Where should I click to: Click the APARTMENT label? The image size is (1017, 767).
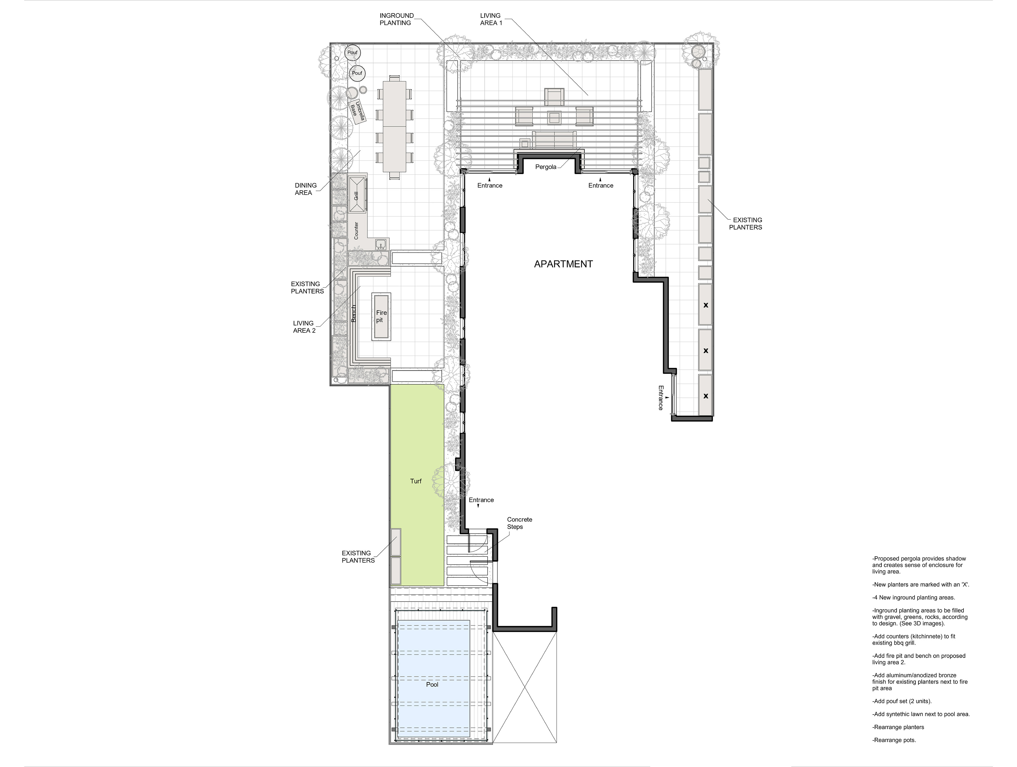pyautogui.click(x=563, y=264)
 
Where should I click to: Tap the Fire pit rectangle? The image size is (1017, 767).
pyautogui.click(x=381, y=316)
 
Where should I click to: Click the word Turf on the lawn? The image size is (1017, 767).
pyautogui.click(x=416, y=481)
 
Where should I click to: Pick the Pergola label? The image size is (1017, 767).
pyautogui.click(x=546, y=167)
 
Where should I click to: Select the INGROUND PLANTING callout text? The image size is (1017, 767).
pyautogui.click(x=396, y=19)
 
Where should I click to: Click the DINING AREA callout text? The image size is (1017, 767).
pyautogui.click(x=305, y=189)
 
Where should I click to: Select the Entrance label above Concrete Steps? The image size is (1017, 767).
pyautogui.click(x=481, y=500)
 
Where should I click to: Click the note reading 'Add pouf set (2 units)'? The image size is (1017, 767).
pyautogui.click(x=902, y=701)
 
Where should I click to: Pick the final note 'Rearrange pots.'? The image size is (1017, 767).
pyautogui.click(x=894, y=740)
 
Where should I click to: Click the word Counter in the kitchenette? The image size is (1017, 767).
pyautogui.click(x=356, y=231)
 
